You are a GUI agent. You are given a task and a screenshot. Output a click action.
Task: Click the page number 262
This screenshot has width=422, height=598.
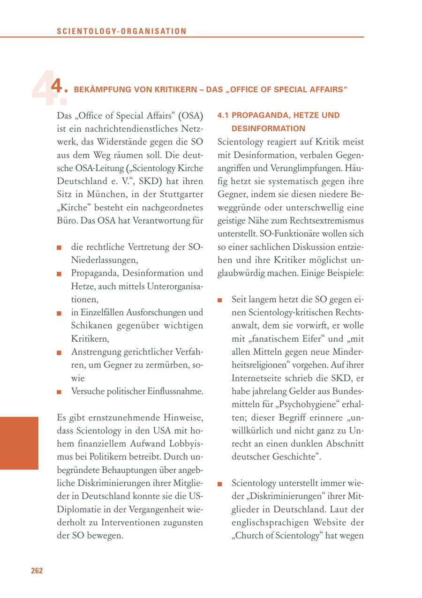(37, 570)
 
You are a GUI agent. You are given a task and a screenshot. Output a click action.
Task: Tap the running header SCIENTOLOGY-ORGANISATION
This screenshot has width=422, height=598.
(121, 31)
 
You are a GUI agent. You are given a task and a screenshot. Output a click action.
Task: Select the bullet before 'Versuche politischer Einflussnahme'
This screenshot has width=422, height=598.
(59, 391)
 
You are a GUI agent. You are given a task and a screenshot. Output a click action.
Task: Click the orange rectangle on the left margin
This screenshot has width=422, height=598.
(19, 443)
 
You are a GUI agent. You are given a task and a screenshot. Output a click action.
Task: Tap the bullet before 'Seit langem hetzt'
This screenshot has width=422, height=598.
(220, 300)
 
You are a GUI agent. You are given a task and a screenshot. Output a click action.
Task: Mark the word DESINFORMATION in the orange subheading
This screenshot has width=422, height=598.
(268, 128)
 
